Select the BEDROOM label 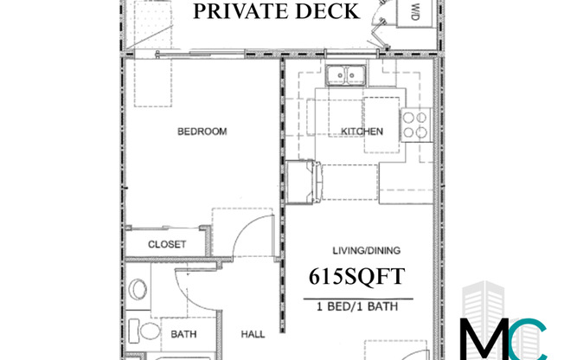tap(202, 132)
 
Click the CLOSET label tap(167, 244)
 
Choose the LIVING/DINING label tap(357, 253)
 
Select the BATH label tap(183, 333)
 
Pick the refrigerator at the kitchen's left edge tap(303, 178)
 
